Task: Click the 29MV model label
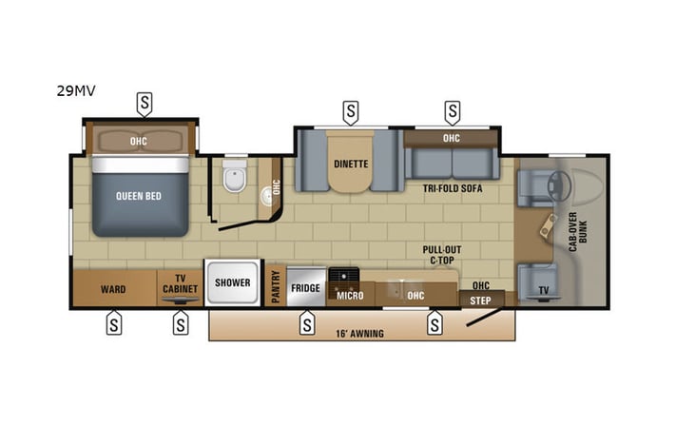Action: pos(76,91)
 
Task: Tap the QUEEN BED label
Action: pos(138,196)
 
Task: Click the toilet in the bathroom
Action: pos(232,178)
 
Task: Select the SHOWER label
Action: pos(232,282)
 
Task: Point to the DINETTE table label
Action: pos(351,164)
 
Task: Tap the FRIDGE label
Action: pos(305,288)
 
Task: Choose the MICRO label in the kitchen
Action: pos(350,296)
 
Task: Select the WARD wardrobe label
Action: pos(113,289)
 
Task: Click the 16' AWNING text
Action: pos(360,333)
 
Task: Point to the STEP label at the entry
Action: pos(481,300)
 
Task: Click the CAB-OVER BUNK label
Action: pos(584,228)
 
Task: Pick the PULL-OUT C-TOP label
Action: pos(441,254)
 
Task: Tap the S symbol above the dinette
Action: pos(351,112)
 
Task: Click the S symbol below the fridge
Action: pos(307,324)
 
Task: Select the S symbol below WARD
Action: pos(113,324)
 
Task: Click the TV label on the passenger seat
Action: pos(544,289)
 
